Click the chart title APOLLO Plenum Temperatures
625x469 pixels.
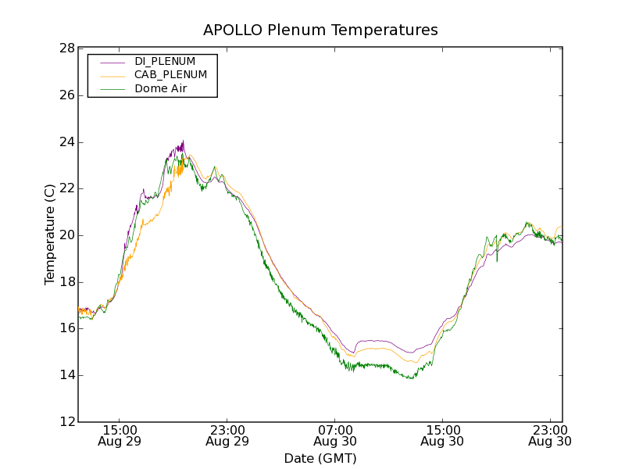(320, 30)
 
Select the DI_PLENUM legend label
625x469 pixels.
(165, 61)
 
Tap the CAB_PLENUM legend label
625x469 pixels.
(170, 75)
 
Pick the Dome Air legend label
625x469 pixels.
(161, 88)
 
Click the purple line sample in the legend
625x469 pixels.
(112, 62)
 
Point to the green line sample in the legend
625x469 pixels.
(112, 89)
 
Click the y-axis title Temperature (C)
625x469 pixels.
(50, 234)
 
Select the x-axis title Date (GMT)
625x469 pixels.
(320, 458)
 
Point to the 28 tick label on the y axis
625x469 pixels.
(67, 48)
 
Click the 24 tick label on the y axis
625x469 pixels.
(67, 142)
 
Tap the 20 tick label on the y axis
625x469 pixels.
(67, 235)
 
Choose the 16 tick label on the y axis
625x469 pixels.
(67, 328)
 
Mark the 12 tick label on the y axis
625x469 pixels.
(67, 422)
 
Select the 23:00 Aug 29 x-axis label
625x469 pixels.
(227, 435)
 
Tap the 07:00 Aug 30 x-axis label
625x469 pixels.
(334, 435)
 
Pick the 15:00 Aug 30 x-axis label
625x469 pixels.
(442, 435)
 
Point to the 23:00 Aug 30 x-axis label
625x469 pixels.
(550, 435)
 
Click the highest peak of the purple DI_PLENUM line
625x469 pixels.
(183, 141)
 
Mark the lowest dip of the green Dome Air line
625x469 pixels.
(410, 379)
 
